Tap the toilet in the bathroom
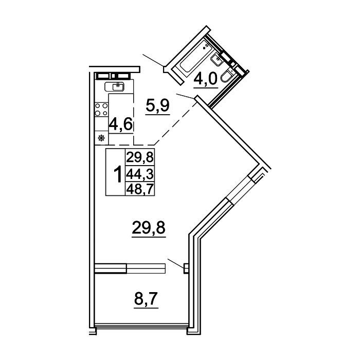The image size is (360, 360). tap(227, 75)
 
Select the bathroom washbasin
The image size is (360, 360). tap(217, 60)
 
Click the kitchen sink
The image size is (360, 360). tap(114, 86)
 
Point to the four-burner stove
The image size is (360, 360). tap(101, 109)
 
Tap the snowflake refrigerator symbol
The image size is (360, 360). tap(101, 138)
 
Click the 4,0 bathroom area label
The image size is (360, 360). tap(206, 79)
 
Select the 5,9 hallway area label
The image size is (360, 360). tap(158, 106)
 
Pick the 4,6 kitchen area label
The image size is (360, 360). tap(121, 124)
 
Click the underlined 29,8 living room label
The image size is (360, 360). tap(149, 228)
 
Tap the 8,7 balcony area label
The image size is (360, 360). tap(146, 299)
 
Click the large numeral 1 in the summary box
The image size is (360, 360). tap(118, 174)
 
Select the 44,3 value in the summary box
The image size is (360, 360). tap(140, 174)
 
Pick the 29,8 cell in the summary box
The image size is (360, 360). tap(140, 157)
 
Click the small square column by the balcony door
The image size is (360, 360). tap(186, 268)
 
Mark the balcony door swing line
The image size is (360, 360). tap(176, 263)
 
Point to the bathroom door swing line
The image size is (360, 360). tap(185, 96)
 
